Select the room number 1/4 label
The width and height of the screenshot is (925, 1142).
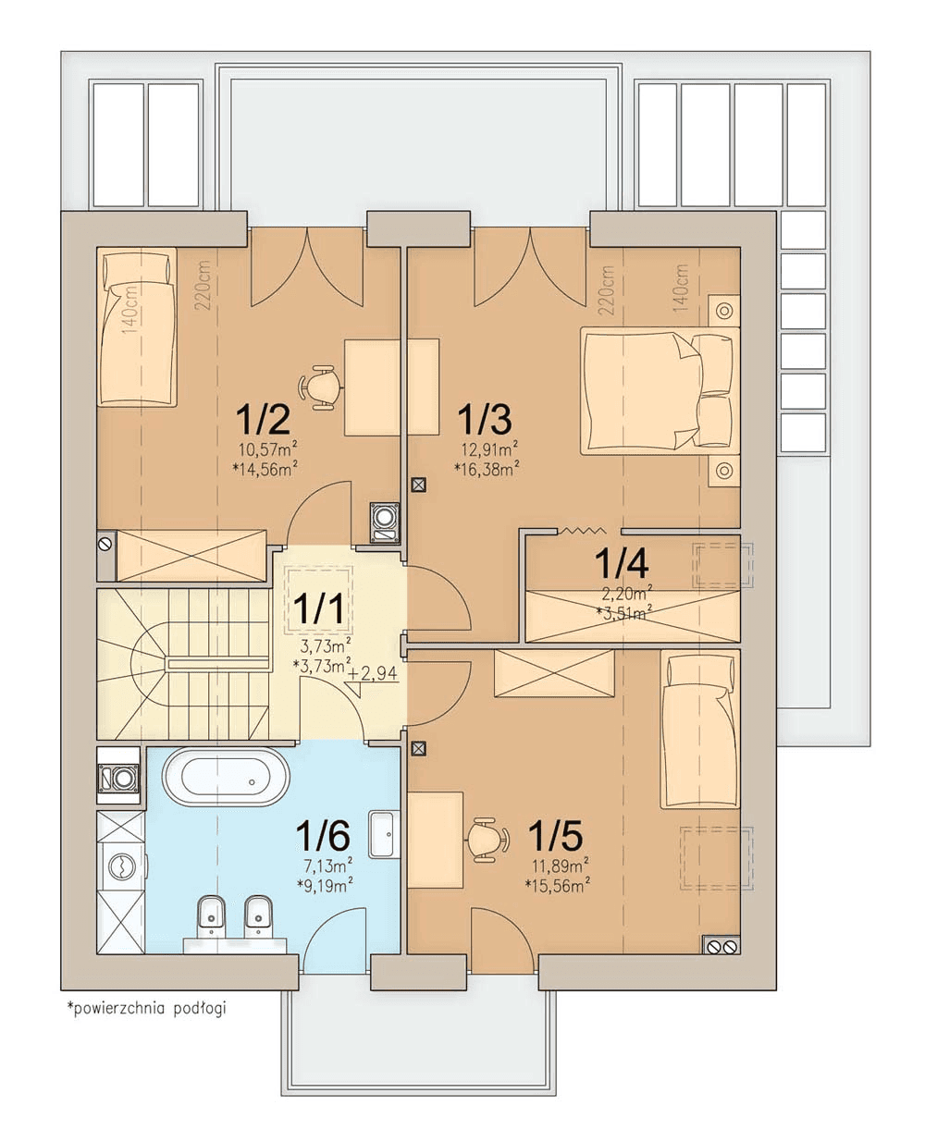(x=622, y=562)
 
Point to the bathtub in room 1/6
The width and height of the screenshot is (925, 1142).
(x=227, y=778)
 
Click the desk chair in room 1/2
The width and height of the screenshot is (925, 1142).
(x=320, y=387)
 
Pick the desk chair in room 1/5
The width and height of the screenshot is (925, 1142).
(x=488, y=841)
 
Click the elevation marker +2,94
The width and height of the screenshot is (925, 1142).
(x=373, y=673)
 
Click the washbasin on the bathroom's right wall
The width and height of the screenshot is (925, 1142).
(x=385, y=835)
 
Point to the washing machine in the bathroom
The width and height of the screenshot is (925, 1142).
(x=122, y=866)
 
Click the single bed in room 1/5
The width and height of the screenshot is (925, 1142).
(x=700, y=730)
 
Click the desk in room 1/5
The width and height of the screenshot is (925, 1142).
(x=436, y=841)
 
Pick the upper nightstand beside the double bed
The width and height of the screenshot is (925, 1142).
(x=724, y=311)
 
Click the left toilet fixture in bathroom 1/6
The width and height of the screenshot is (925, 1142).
(x=211, y=916)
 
